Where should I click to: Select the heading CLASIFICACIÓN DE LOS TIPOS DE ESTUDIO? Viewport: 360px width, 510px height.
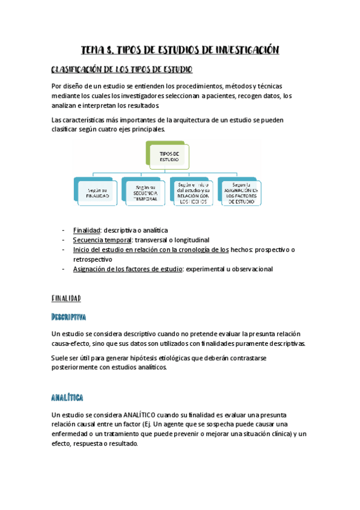(x=122, y=70)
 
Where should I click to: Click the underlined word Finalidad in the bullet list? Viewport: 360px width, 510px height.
(x=87, y=230)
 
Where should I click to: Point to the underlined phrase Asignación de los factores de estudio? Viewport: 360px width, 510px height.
(x=128, y=269)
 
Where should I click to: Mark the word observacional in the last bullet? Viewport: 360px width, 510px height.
(x=249, y=269)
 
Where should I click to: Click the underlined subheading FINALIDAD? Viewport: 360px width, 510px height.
(x=66, y=298)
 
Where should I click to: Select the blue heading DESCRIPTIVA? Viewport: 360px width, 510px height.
(x=69, y=316)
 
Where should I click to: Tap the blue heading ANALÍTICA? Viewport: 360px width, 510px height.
(x=67, y=398)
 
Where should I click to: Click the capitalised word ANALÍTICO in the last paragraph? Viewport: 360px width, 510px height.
(x=142, y=415)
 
